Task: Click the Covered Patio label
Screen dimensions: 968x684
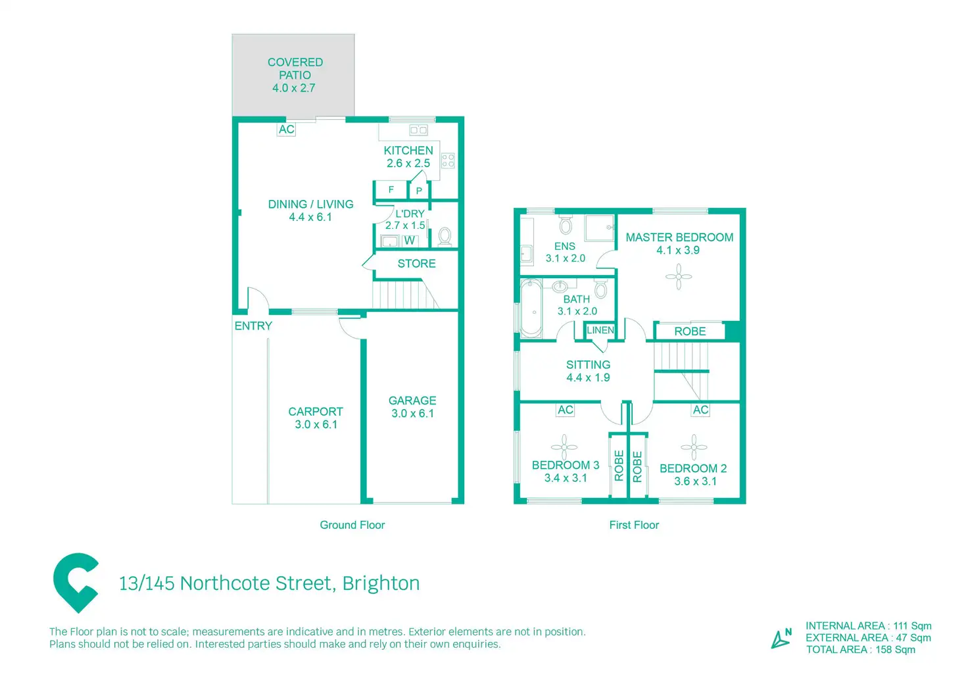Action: point(295,74)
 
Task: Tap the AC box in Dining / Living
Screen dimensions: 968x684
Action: point(286,130)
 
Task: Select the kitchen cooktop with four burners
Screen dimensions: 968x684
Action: point(448,160)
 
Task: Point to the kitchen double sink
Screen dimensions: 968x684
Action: point(418,130)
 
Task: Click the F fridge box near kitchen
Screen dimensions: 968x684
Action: point(391,190)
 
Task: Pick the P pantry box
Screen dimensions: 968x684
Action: point(419,191)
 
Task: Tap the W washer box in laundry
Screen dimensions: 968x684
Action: point(409,241)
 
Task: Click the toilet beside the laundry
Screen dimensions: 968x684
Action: point(445,235)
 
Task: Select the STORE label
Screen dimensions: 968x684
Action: point(416,264)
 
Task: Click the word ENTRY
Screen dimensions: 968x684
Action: point(253,326)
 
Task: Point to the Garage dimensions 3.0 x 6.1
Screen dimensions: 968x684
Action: point(412,414)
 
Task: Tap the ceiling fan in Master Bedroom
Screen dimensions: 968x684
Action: point(678,276)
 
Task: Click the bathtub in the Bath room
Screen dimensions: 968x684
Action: point(531,308)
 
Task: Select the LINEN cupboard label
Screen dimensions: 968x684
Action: point(600,330)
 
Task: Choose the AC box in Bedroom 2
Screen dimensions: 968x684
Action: point(700,410)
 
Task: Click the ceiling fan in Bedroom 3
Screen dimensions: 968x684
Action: point(564,447)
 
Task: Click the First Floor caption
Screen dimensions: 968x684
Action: point(633,525)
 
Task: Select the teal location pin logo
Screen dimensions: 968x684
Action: point(76,582)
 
